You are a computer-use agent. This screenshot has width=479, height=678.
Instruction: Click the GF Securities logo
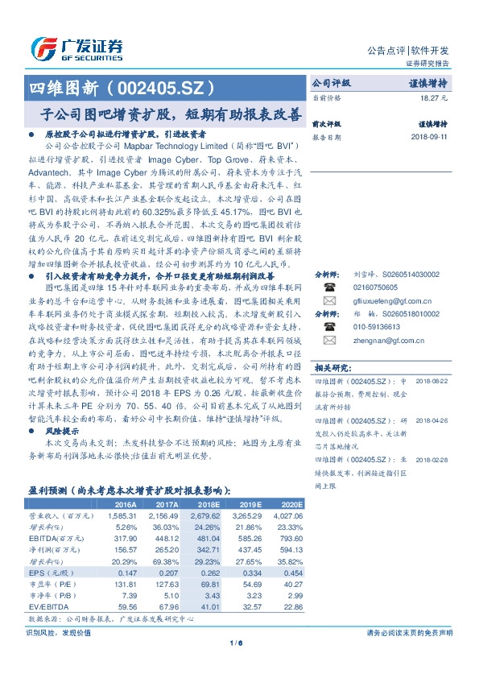click(76, 47)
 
